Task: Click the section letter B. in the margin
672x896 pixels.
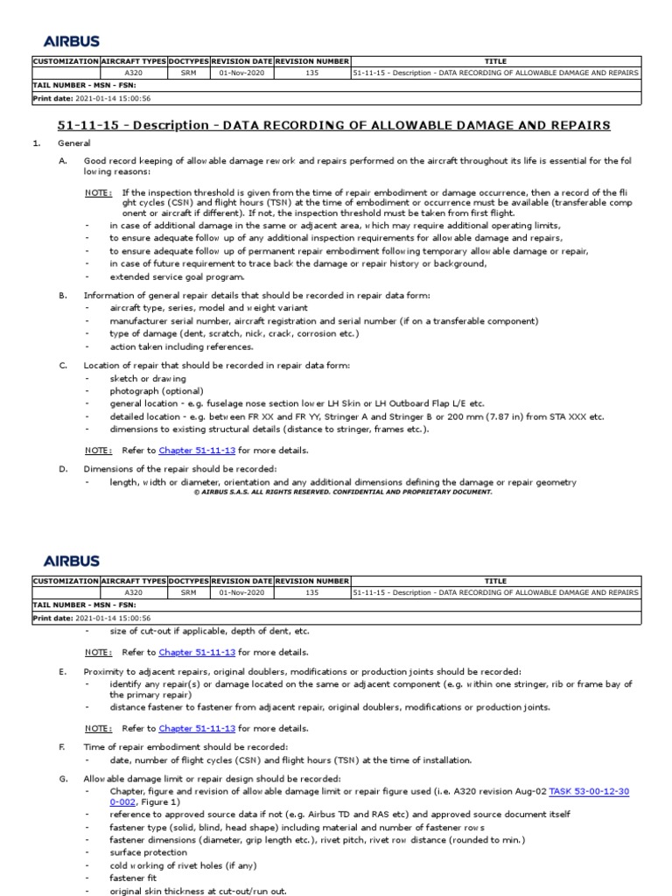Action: [63, 296]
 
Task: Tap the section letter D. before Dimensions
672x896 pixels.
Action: [63, 469]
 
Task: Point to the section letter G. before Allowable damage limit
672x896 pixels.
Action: [63, 779]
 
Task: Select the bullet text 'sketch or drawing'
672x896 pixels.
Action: [148, 378]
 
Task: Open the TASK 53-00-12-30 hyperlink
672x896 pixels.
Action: [588, 791]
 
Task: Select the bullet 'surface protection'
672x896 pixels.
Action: [148, 852]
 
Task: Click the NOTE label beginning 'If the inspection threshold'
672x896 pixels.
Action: [98, 192]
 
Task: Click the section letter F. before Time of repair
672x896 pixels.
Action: [63, 746]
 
